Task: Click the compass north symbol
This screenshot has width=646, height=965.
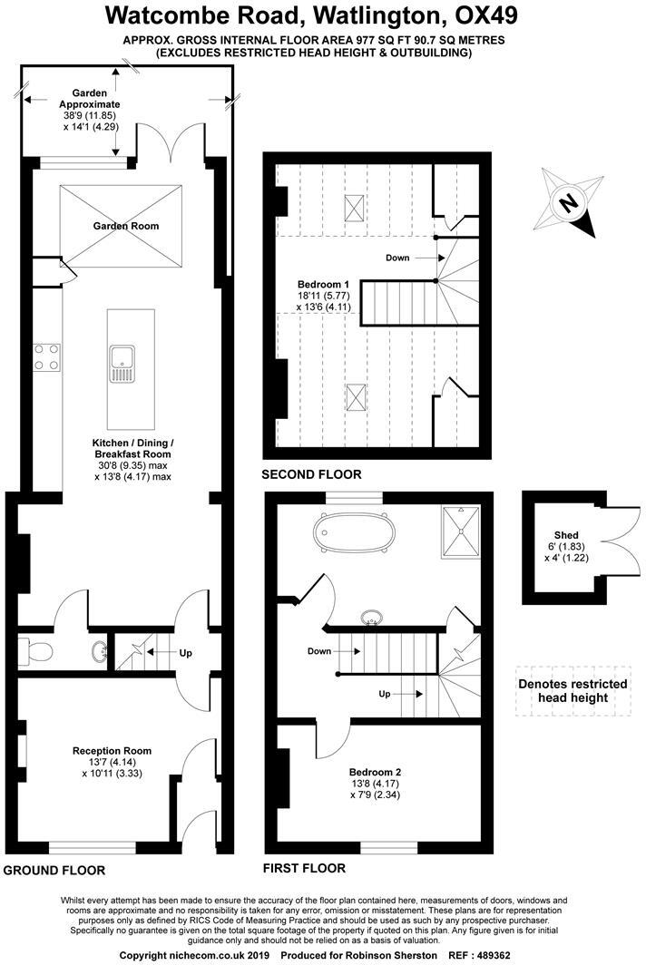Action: click(x=568, y=203)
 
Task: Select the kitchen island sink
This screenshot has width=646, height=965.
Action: click(x=120, y=362)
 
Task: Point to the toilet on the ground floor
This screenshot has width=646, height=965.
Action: click(x=35, y=650)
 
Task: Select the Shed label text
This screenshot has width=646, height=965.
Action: click(x=566, y=535)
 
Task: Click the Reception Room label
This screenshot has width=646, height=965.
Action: click(x=113, y=750)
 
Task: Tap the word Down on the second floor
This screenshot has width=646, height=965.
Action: click(x=397, y=258)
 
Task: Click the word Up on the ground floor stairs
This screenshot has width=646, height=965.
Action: click(x=186, y=652)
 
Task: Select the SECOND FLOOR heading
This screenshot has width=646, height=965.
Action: click(x=311, y=474)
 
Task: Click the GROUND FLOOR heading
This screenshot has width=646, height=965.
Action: click(x=54, y=870)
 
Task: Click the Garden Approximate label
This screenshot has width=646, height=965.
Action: click(x=90, y=99)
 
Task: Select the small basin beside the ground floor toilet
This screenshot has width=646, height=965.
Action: click(x=100, y=651)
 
